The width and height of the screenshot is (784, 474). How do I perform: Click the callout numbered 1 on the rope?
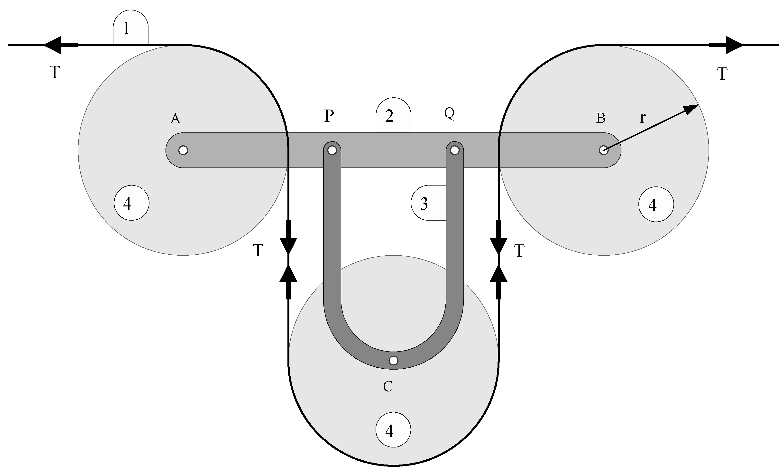coord(130,28)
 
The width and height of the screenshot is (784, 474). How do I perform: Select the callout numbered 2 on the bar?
coord(393,116)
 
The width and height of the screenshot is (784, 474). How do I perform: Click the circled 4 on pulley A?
coord(131,203)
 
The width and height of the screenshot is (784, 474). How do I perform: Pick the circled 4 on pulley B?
coord(656,204)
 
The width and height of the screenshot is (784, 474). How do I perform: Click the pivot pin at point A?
coord(183,150)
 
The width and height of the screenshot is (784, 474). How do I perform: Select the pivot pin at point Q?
coord(455,150)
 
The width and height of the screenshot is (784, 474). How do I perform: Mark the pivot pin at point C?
coord(394,361)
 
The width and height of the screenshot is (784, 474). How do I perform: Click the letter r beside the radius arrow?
coord(642,118)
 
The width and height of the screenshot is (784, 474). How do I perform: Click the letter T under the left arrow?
coord(55,72)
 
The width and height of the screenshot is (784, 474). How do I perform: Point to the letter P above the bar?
coord(329,116)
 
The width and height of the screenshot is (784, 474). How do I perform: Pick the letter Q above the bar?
coord(450,113)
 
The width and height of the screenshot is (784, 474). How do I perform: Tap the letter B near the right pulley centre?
coord(600,118)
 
